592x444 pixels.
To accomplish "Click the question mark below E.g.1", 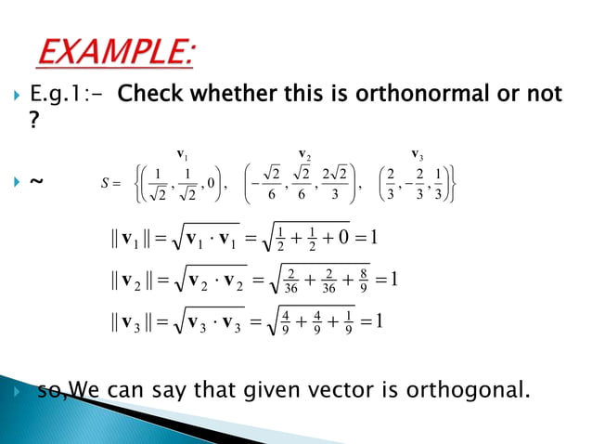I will click(x=35, y=122).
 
